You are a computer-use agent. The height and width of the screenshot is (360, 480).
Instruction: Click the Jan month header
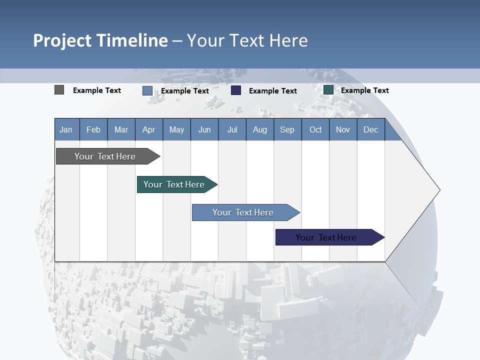tap(66, 129)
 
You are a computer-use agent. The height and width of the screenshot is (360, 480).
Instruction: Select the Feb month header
tap(93, 129)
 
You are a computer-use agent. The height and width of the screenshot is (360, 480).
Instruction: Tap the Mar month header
tap(121, 129)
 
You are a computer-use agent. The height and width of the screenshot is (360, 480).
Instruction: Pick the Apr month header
tap(149, 129)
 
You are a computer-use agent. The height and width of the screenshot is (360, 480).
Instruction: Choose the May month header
tap(176, 129)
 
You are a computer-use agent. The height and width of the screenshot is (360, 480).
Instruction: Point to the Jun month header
tap(204, 129)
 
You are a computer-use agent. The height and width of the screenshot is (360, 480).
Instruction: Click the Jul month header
tap(232, 129)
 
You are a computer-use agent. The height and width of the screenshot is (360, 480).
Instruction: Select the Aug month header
tap(260, 129)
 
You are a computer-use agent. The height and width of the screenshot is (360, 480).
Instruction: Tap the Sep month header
tap(287, 129)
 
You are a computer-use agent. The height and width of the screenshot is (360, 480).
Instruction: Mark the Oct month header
tap(315, 129)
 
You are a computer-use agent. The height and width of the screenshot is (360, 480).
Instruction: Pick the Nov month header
tap(343, 129)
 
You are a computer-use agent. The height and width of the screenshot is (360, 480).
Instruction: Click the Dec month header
tap(371, 129)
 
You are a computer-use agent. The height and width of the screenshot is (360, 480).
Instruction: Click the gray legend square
tap(59, 90)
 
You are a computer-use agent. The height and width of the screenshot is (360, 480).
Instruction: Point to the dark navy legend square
tap(236, 90)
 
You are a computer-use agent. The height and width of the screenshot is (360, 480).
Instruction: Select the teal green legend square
tap(328, 90)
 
